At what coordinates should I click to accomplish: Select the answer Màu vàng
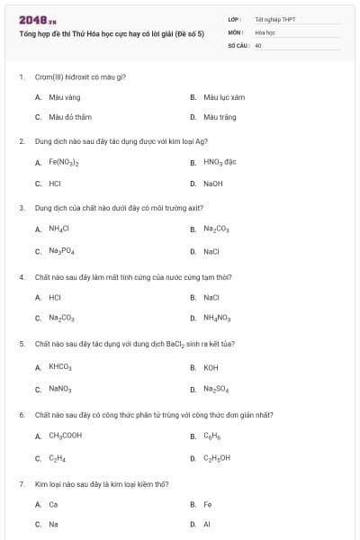pyautogui.click(x=58, y=96)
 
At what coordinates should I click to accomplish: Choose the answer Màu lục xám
pyautogui.click(x=218, y=96)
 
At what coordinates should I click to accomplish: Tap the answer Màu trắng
pyautogui.click(x=216, y=116)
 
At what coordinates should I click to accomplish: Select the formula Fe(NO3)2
pyautogui.click(x=64, y=163)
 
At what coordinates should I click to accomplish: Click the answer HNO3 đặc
pyautogui.click(x=219, y=163)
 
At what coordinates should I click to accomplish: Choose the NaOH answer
pyautogui.click(x=212, y=183)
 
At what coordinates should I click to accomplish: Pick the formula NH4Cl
pyautogui.click(x=59, y=229)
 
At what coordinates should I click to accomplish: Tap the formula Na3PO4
pyautogui.click(x=61, y=251)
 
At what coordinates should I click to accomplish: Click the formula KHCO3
pyautogui.click(x=60, y=367)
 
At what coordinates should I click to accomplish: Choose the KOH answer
pyautogui.click(x=211, y=367)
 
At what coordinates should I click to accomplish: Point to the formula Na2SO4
pyautogui.click(x=216, y=389)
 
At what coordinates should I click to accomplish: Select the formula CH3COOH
pyautogui.click(x=66, y=436)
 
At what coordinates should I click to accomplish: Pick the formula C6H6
pyautogui.click(x=211, y=436)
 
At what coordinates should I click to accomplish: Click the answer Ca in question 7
pyautogui.click(x=53, y=505)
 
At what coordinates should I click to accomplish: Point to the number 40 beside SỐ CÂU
pyautogui.click(x=258, y=43)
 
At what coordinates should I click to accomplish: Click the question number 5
pyautogui.click(x=22, y=344)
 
